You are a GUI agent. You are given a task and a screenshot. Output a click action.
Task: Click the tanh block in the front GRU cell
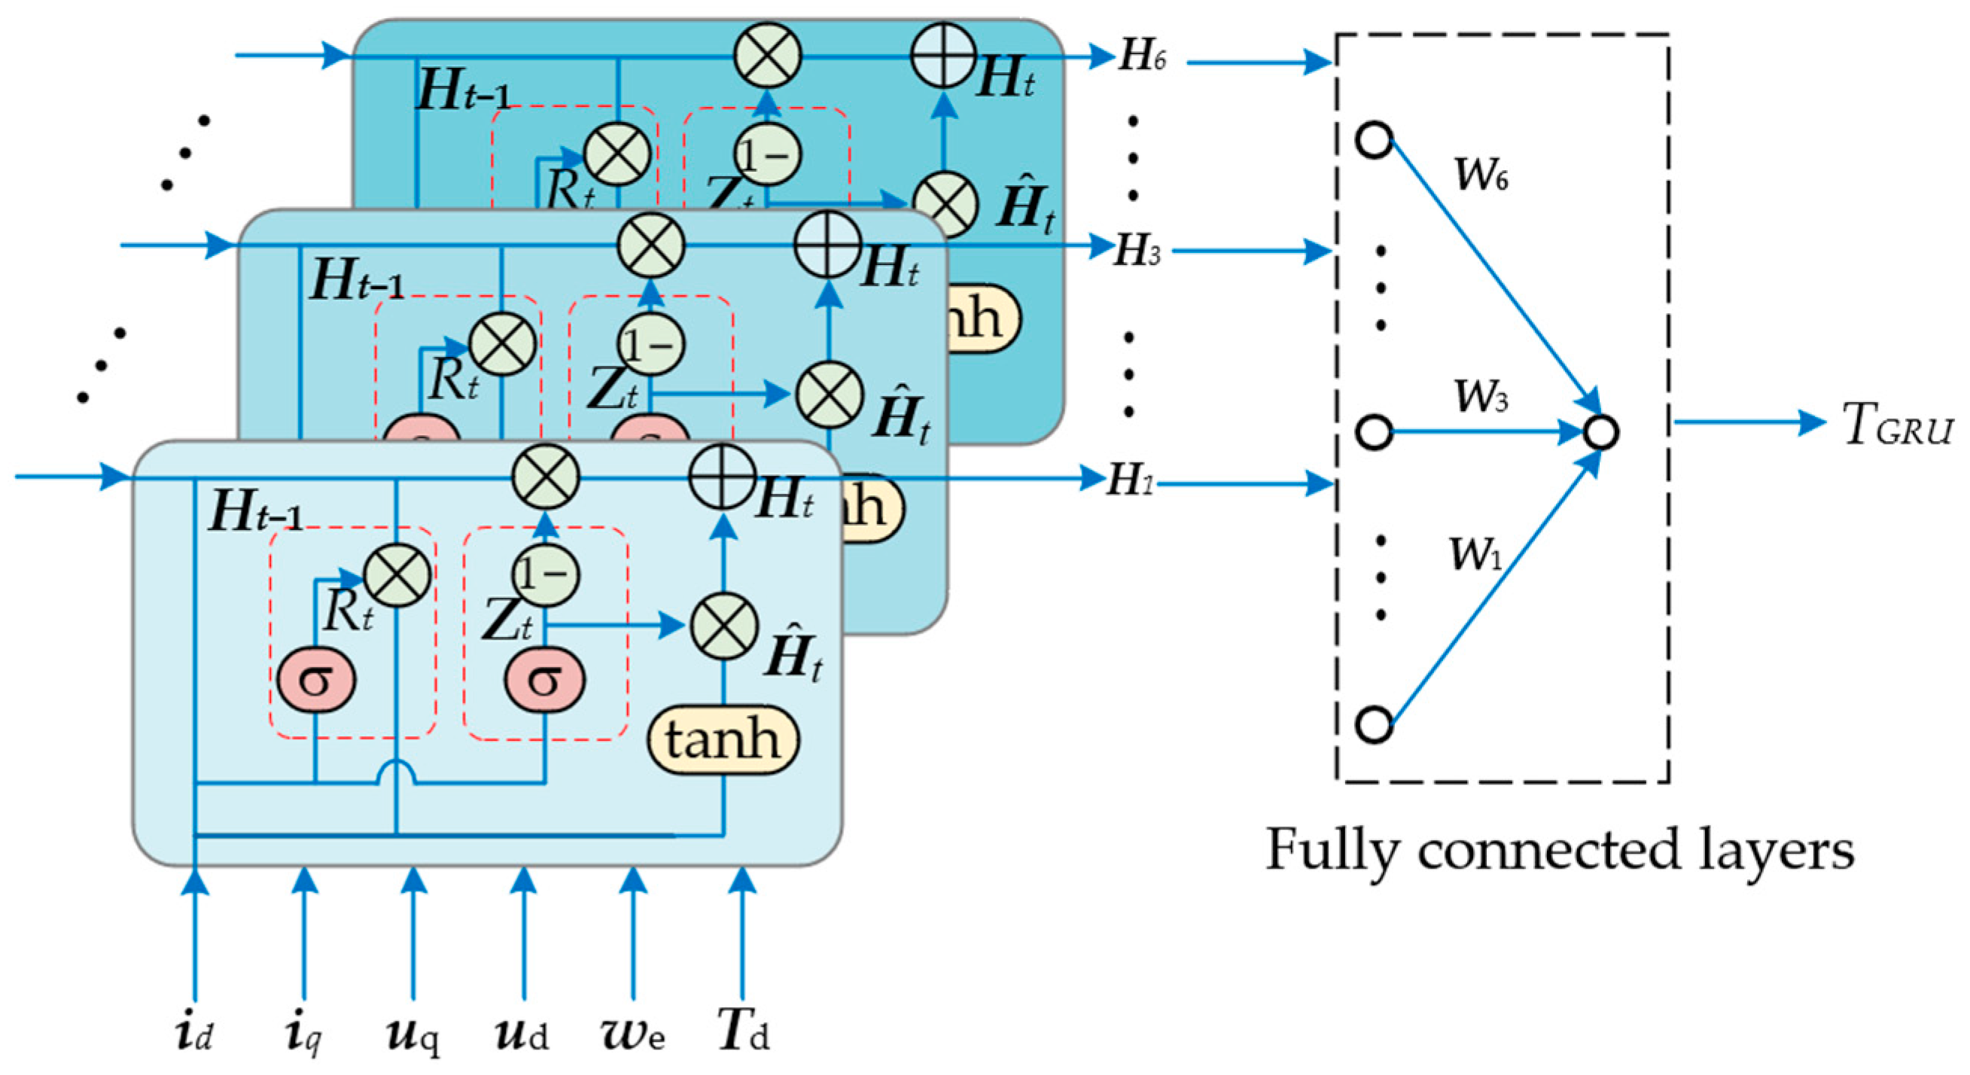tap(723, 739)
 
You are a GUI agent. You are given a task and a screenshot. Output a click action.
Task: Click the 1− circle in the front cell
tap(544, 575)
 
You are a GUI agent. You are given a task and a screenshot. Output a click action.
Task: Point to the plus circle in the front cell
tap(722, 476)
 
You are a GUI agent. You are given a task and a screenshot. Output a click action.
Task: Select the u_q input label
tap(414, 1034)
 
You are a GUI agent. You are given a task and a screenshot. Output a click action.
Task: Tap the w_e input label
tap(632, 1034)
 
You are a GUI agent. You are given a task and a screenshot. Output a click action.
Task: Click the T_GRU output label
tap(1896, 425)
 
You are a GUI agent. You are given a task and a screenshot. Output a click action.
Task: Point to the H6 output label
tap(1143, 56)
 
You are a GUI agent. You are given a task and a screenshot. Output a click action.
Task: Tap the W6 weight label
tap(1481, 175)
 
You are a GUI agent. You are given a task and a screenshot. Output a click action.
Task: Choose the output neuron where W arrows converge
tap(1600, 432)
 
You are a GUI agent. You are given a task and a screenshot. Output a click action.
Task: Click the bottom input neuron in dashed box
tap(1375, 723)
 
